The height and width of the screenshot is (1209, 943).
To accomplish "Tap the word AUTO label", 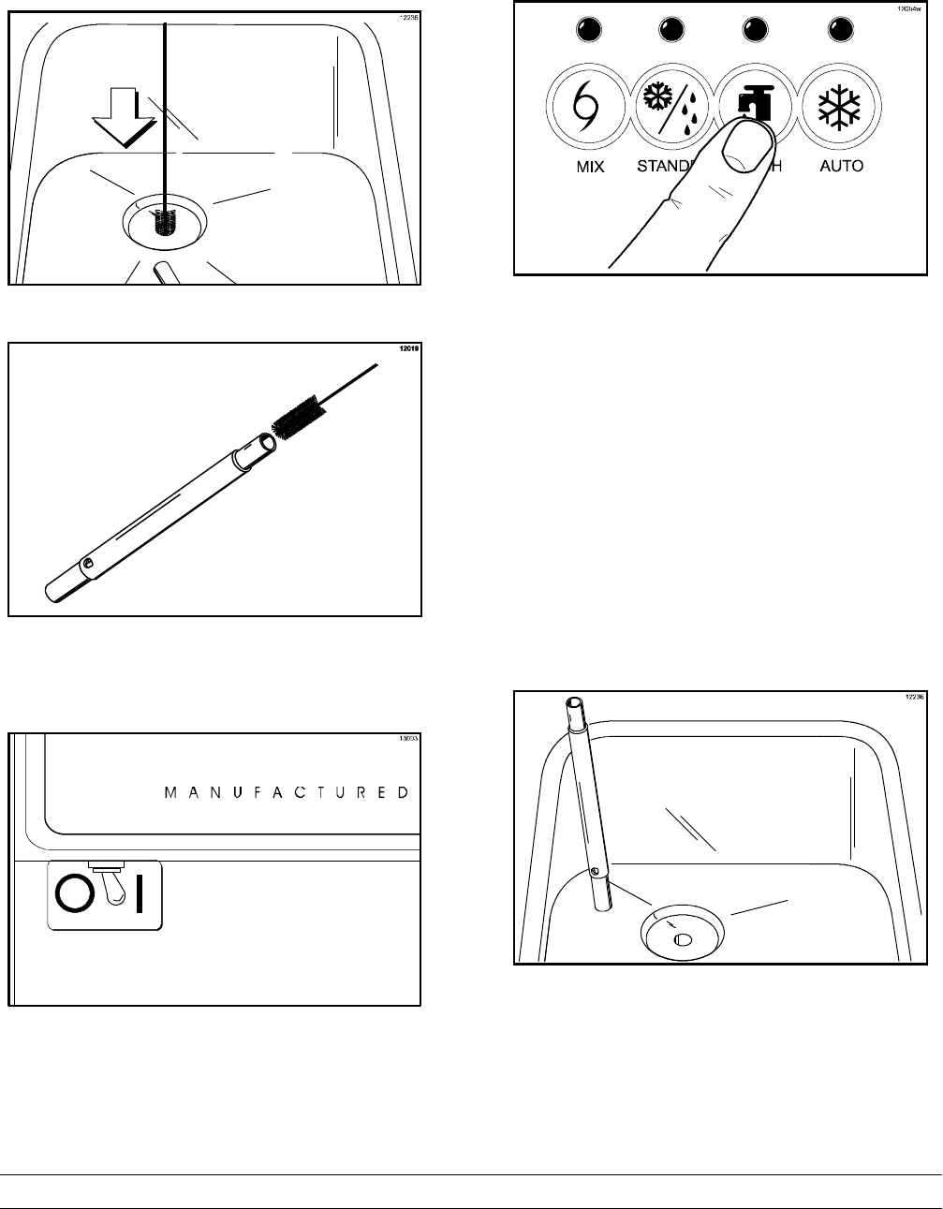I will [x=840, y=167].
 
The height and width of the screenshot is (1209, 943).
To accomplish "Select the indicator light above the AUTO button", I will [x=839, y=30].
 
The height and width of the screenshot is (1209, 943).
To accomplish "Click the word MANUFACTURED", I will [x=287, y=792].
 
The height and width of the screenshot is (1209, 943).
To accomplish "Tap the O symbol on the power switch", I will [x=71, y=896].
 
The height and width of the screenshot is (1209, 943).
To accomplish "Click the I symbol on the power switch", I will [x=139, y=896].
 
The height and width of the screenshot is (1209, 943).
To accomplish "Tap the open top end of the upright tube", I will [x=575, y=703].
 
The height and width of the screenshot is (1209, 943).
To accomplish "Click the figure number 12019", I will [x=408, y=348].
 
